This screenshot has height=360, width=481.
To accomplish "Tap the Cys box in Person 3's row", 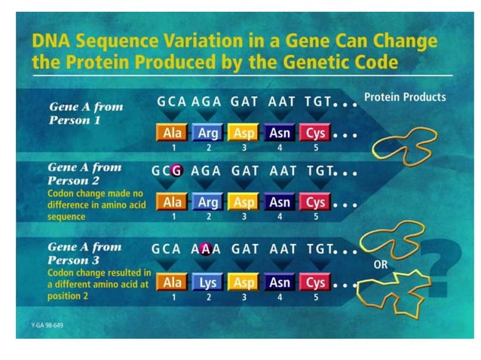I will coord(315,282).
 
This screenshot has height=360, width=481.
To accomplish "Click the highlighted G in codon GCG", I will coord(177,170).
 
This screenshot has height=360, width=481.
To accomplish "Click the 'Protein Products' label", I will coord(405,97).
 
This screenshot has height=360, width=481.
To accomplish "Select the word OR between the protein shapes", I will coord(381,266).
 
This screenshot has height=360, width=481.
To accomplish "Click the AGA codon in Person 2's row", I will coord(206,170).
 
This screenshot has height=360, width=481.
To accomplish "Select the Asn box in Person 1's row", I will coord(280,133).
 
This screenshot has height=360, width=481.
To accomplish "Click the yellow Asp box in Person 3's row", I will coord(243,282).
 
